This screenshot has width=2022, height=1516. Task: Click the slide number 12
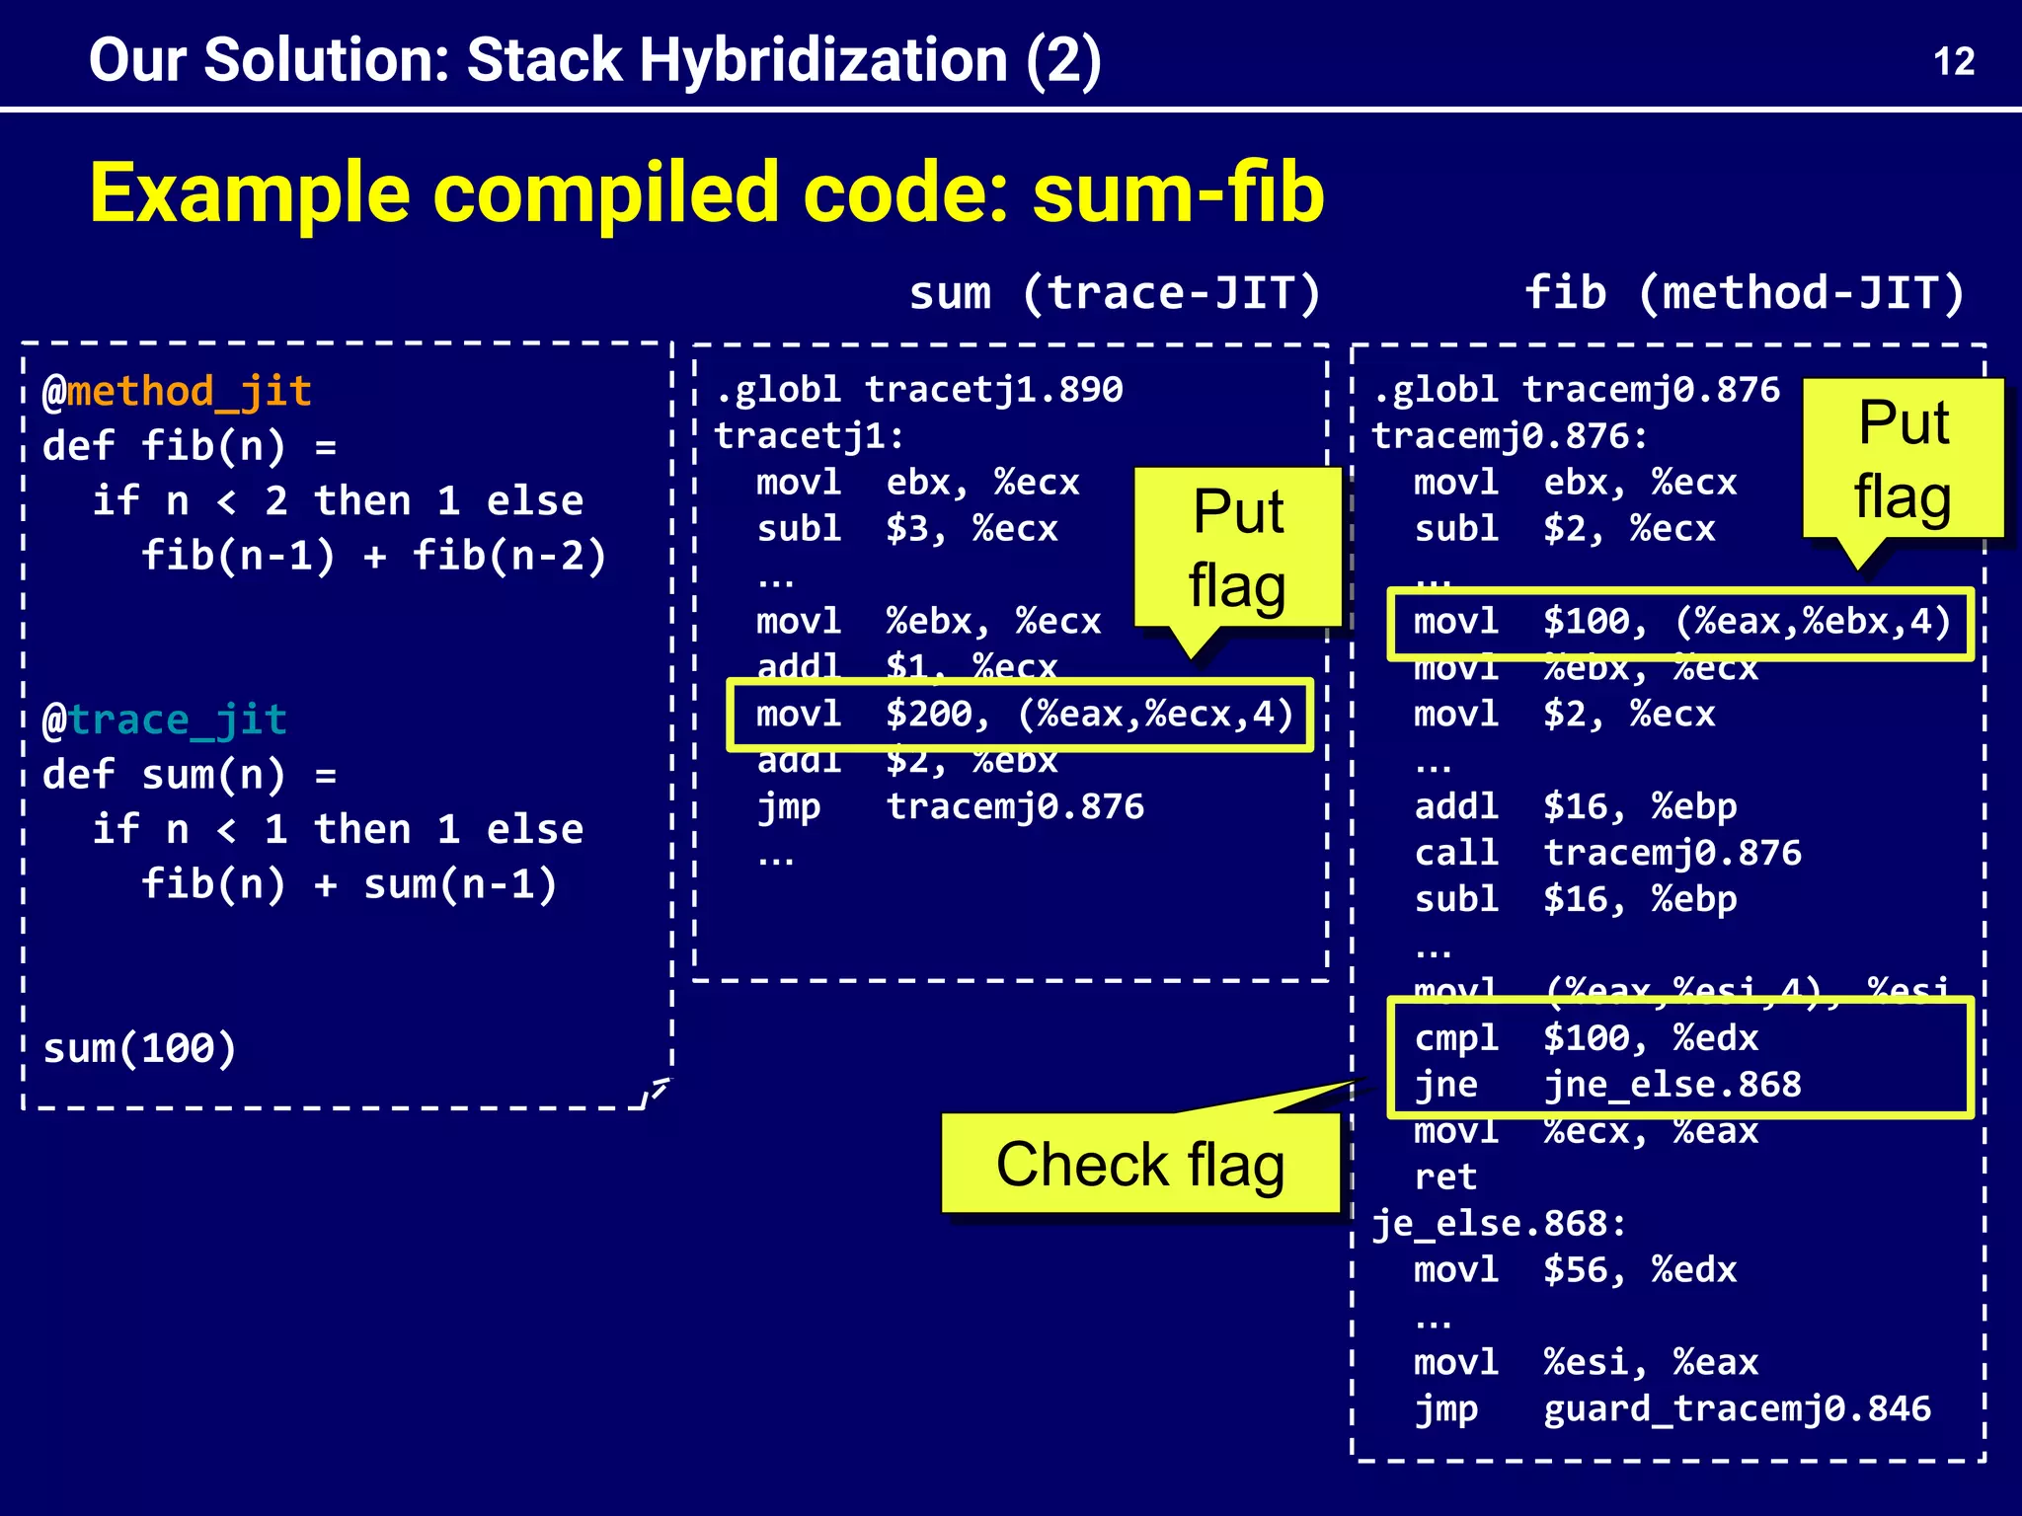tap(1953, 62)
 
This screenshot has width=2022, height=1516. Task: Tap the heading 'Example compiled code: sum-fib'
tap(707, 193)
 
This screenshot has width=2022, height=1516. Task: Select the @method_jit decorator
tap(178, 392)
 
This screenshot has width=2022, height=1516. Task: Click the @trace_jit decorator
tap(165, 720)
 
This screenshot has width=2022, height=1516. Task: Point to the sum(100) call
tap(139, 1048)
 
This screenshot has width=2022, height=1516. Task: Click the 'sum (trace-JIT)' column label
tap(1115, 293)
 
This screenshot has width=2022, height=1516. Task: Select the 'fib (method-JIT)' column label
tap(1745, 293)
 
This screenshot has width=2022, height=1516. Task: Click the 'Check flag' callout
tap(1140, 1165)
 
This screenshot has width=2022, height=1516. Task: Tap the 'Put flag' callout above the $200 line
tap(1237, 548)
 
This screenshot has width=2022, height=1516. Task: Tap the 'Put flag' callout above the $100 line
tap(1903, 459)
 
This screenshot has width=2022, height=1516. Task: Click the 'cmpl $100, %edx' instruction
tap(1586, 1038)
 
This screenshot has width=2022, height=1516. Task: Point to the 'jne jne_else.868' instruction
tap(1607, 1085)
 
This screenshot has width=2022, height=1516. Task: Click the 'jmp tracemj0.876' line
tap(950, 807)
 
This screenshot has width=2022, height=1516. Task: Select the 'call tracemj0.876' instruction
tap(1607, 853)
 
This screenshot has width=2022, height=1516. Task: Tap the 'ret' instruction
tap(1445, 1176)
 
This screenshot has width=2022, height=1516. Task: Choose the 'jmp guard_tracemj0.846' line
tap(1672, 1409)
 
